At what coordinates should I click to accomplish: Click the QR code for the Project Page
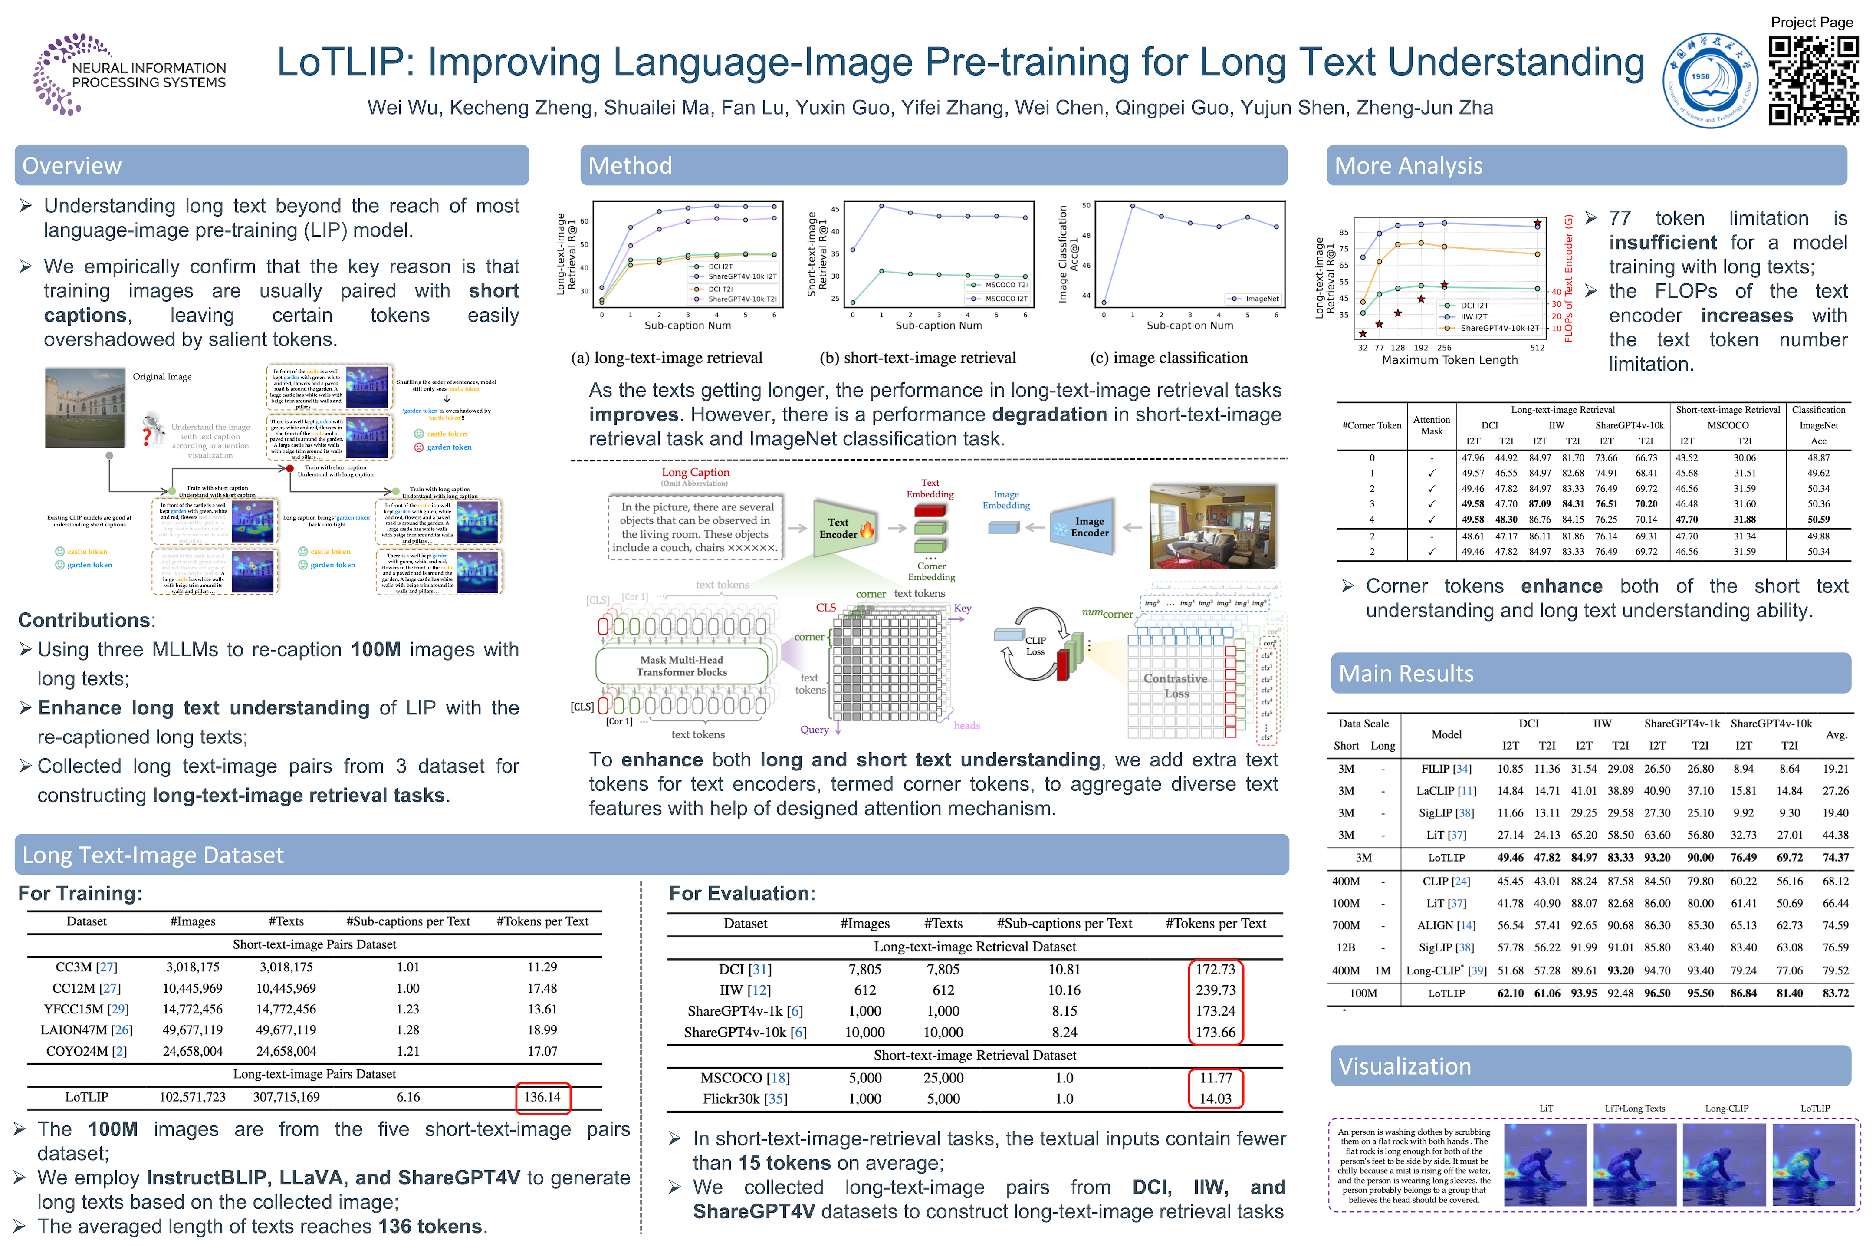pyautogui.click(x=1813, y=81)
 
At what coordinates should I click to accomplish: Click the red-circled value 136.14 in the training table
pyautogui.click(x=542, y=1097)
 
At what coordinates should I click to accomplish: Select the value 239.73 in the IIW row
pyautogui.click(x=1216, y=990)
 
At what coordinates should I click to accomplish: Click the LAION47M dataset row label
pyautogui.click(x=86, y=1030)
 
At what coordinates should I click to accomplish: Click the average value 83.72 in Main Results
pyautogui.click(x=1835, y=993)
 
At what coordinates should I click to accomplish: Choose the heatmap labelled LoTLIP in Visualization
pyautogui.click(x=1815, y=1164)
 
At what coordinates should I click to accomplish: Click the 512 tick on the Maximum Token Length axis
pyautogui.click(x=1538, y=348)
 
